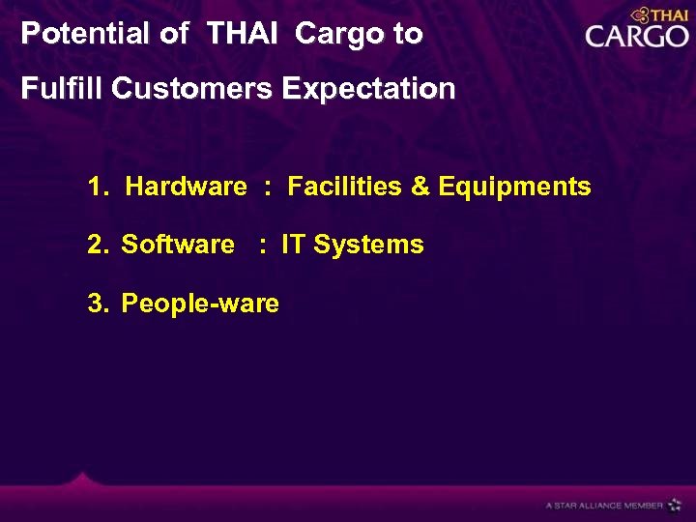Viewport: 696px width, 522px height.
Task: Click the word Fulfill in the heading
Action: [63, 89]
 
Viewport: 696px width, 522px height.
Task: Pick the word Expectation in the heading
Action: [368, 89]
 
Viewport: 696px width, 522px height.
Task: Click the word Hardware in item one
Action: [187, 187]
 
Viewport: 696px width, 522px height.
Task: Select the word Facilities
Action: [346, 187]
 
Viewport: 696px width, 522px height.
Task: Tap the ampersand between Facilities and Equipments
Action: [420, 187]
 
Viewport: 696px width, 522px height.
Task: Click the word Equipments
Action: [514, 187]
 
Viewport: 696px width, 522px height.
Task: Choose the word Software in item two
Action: [178, 245]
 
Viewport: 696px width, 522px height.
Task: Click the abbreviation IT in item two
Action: [292, 245]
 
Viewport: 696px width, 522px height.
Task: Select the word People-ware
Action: [200, 304]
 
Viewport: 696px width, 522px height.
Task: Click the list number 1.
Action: [95, 187]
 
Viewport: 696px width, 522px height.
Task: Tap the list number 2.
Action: [95, 245]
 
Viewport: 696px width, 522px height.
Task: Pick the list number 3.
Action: [95, 304]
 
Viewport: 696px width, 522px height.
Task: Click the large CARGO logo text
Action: [636, 37]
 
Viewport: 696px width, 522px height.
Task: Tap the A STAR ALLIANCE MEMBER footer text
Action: [604, 505]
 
